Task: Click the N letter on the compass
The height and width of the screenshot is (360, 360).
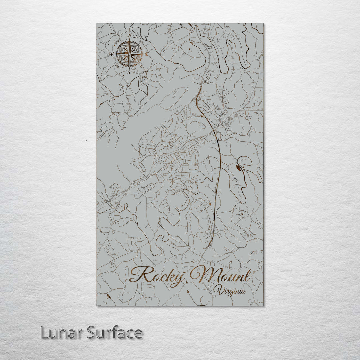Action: point(129,36)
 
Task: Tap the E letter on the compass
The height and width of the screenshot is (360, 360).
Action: point(147,53)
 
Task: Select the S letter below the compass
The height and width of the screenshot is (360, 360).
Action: point(129,72)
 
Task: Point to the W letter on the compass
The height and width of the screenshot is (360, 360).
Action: point(111,54)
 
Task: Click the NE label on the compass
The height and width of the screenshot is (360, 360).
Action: point(142,42)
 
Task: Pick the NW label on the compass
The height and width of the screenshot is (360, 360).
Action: point(117,42)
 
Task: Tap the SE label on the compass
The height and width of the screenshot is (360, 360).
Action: point(142,66)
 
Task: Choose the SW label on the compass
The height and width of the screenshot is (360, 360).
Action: point(117,66)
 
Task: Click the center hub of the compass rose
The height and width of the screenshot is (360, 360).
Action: point(129,53)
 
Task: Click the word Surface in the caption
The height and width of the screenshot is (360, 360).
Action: point(115,333)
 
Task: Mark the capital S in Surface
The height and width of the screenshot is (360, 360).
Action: point(92,333)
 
